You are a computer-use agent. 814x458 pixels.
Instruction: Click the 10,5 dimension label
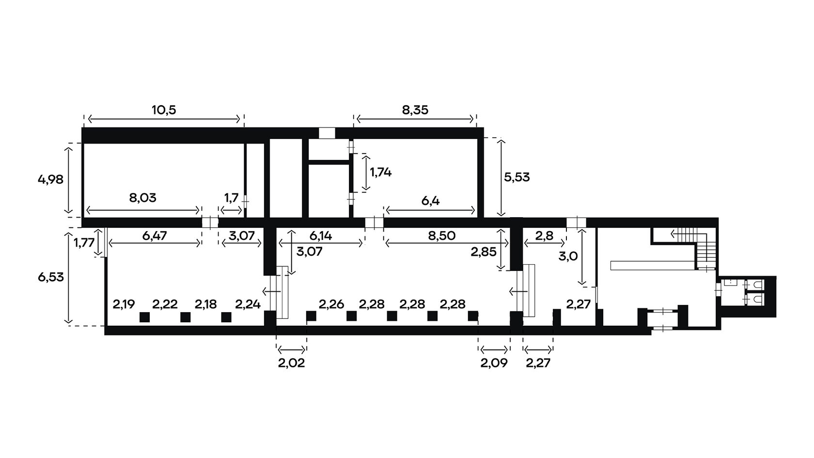(x=164, y=110)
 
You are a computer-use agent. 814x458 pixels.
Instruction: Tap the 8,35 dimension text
(x=415, y=110)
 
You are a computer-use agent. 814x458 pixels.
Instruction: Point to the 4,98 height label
(x=50, y=179)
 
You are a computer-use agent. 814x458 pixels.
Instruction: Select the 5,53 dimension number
(x=517, y=177)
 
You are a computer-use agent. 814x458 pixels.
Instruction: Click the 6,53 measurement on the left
(x=50, y=277)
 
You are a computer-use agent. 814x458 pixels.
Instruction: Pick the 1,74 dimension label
(x=380, y=172)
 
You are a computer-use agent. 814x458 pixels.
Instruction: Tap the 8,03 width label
(x=142, y=198)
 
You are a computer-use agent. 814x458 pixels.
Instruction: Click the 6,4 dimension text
(x=431, y=201)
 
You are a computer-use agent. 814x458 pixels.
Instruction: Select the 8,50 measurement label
(x=441, y=236)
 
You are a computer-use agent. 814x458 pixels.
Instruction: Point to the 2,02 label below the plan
(x=292, y=363)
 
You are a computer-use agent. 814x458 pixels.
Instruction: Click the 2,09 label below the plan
(x=494, y=363)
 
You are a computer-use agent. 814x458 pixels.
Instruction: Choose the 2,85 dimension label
(x=484, y=252)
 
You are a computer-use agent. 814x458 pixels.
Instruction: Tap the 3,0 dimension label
(x=568, y=257)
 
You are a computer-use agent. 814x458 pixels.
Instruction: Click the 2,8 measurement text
(x=545, y=236)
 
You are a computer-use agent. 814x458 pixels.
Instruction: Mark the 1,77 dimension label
(x=84, y=242)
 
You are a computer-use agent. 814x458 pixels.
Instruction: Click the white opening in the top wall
(x=327, y=133)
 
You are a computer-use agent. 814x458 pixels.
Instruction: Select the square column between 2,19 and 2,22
(x=144, y=317)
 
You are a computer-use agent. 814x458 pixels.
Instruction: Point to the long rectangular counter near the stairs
(x=653, y=266)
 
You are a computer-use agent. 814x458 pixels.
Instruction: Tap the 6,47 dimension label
(x=155, y=236)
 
